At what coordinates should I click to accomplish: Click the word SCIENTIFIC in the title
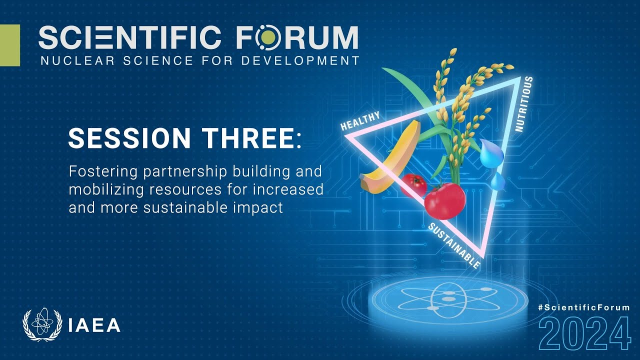coord(129,37)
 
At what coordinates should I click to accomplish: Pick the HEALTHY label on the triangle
coord(360,120)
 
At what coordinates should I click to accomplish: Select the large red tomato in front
coord(445,200)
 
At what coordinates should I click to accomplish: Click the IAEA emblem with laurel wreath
coord(42,325)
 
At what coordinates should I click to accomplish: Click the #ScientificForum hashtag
coord(583,307)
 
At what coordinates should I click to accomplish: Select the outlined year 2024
coord(584,333)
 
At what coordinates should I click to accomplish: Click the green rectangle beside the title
coord(9,45)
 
